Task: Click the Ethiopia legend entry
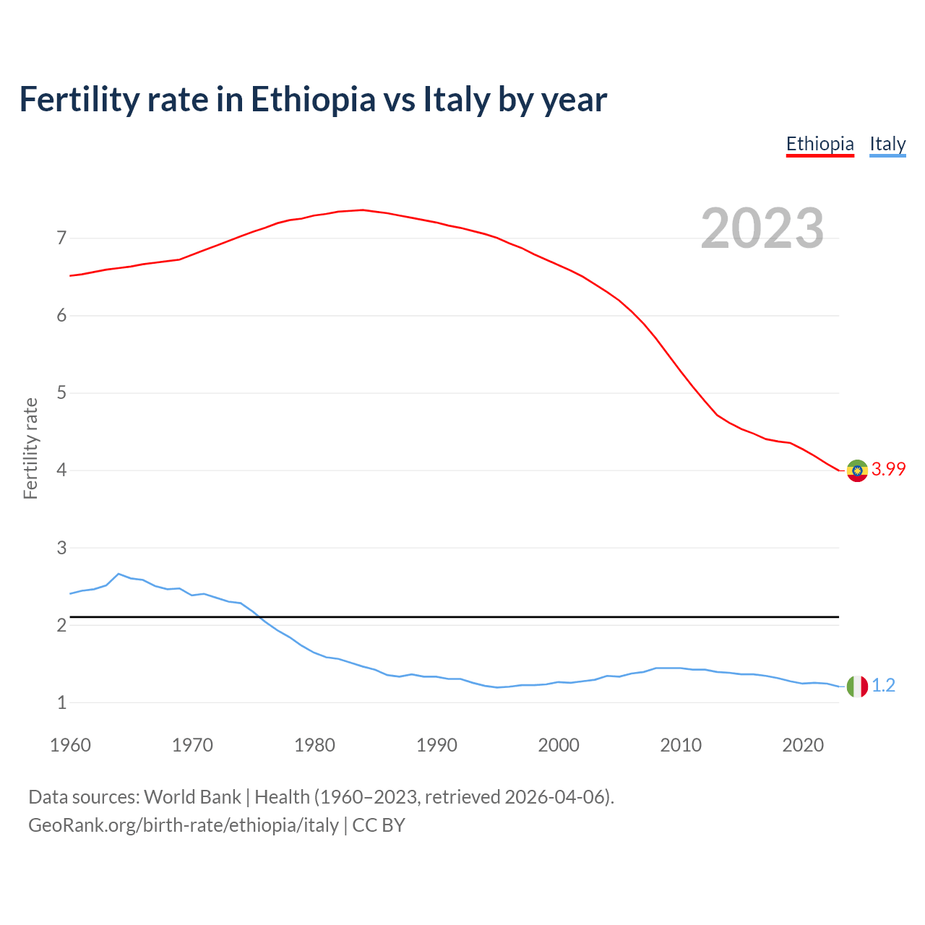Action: coord(819,144)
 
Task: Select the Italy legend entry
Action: coord(887,144)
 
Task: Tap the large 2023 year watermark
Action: coord(762,228)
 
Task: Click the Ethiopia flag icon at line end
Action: coord(857,470)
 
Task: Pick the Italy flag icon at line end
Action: coord(857,686)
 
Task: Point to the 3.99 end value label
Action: coord(888,469)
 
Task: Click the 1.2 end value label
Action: coord(883,685)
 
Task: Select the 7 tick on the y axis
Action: coord(61,238)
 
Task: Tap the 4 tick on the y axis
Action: coord(61,470)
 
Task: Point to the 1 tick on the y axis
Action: coord(61,702)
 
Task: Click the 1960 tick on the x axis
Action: coord(70,745)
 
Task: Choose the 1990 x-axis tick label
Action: coord(436,745)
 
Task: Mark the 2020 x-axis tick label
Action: coord(803,745)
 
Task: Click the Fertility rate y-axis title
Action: coord(30,448)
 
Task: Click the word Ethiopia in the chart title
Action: coord(313,99)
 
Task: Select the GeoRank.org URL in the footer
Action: coord(184,825)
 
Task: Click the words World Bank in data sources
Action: coord(192,797)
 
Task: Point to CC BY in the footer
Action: coord(379,825)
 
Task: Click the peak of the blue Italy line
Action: coord(119,574)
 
